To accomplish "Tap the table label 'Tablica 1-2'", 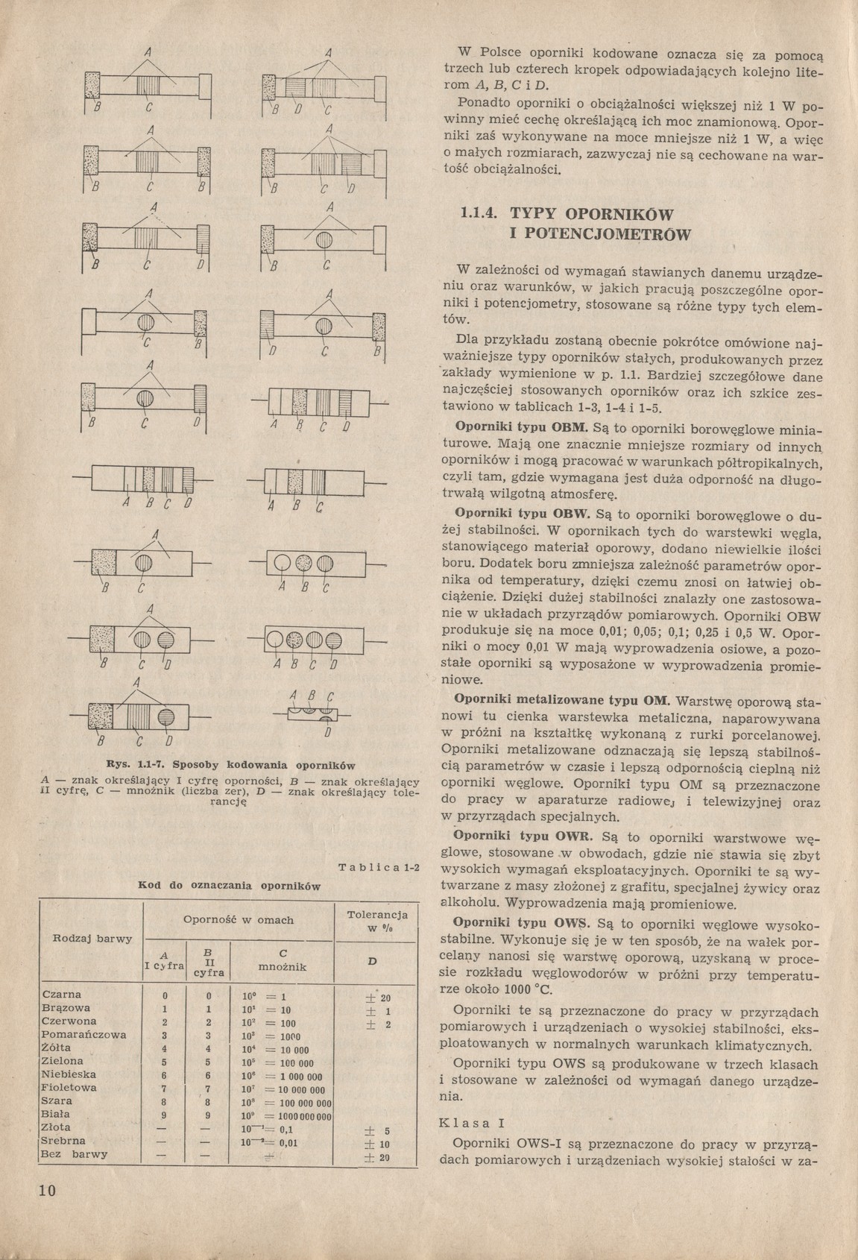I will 379,867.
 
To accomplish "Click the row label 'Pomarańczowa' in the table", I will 84,1034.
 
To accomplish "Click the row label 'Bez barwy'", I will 75,1153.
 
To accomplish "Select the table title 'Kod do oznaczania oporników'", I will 230,886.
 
